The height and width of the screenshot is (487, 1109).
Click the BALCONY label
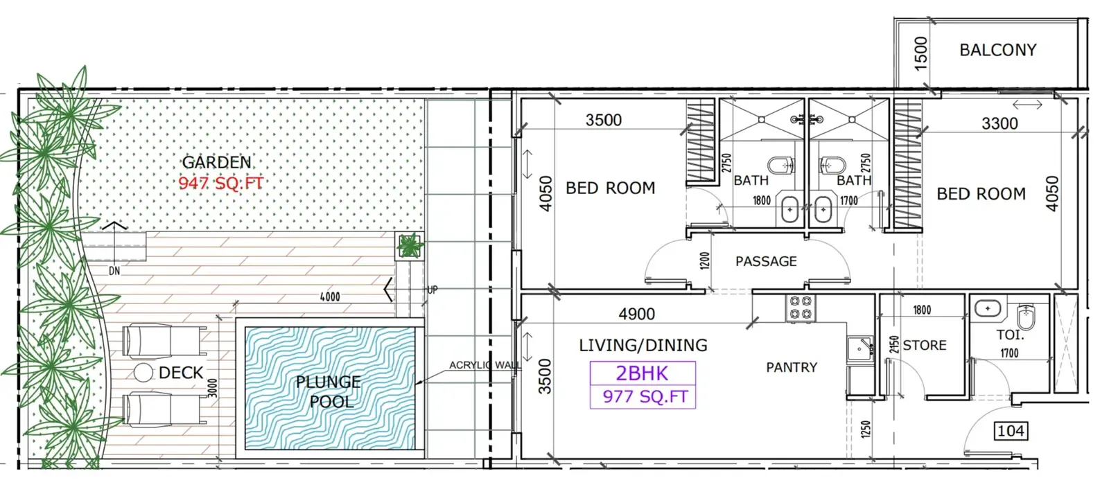997,50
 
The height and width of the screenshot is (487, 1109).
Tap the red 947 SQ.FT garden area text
221,183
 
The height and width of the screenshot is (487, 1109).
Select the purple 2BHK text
642,373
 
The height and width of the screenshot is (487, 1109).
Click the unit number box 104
1011,431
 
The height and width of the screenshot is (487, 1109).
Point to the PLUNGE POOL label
329,391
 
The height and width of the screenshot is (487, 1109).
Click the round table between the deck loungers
143,373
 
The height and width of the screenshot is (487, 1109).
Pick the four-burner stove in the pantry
800,308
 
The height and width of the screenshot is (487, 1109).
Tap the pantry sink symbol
860,350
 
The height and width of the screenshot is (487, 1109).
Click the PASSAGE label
766,261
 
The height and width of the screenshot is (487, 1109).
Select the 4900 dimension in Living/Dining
637,314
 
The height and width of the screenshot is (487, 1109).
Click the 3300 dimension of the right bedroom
999,123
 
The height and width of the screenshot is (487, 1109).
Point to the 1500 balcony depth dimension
920,54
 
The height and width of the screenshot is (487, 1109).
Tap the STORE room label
925,345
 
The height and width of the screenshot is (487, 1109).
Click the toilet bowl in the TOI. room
1026,317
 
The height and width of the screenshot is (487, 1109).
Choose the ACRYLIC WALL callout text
484,365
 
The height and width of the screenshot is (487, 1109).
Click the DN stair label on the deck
114,272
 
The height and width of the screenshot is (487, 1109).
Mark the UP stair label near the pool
433,290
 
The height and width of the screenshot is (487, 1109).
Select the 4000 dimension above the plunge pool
330,297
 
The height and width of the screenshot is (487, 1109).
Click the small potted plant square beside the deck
410,246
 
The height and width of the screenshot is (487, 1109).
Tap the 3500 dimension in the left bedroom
604,120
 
